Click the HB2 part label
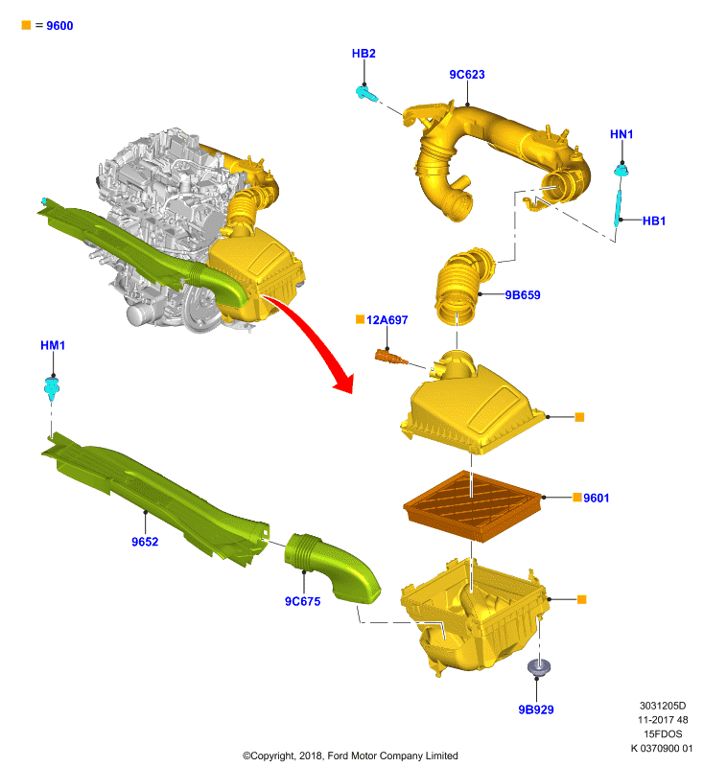coord(364,54)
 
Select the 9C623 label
coord(467,75)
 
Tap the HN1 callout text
coord(622,134)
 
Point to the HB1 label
coord(653,221)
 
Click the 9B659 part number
coord(523,295)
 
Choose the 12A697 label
coord(387,320)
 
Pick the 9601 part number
coord(596,498)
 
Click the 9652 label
coord(145,542)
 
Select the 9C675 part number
coord(302,601)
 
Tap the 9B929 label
coord(536,709)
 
